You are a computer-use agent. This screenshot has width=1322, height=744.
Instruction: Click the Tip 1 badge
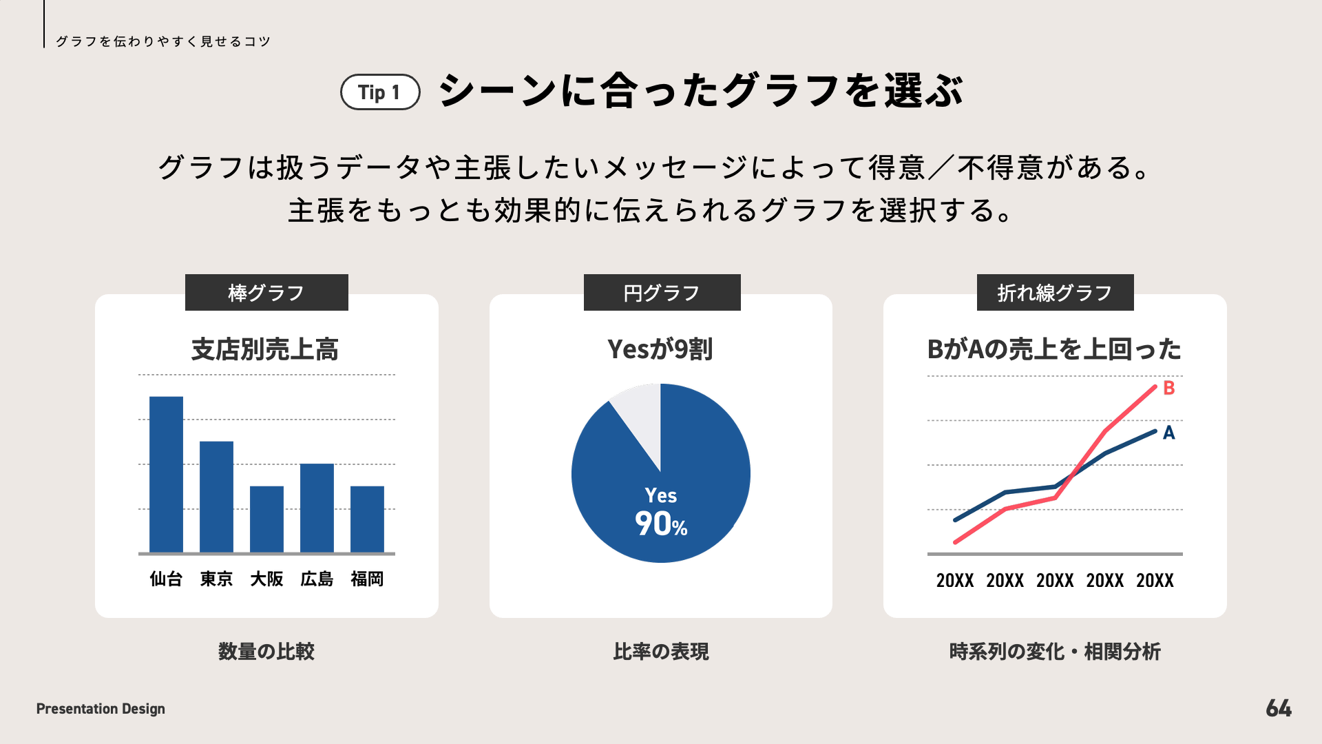pos(380,92)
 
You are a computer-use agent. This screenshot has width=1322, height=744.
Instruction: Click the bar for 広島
pos(317,508)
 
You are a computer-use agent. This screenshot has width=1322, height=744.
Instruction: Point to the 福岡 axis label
pos(367,579)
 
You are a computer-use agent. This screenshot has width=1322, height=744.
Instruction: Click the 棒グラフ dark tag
pos(266,293)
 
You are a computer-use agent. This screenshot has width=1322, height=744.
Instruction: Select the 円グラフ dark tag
pos(662,293)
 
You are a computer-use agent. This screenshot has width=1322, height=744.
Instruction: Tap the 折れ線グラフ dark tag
pos(1055,293)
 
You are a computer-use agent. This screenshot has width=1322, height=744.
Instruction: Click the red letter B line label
pos(1168,388)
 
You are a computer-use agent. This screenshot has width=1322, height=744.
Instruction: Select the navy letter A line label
pos(1168,433)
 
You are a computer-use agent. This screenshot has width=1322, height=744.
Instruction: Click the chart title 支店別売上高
pos(265,349)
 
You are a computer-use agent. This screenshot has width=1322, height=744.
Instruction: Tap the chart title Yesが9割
pos(660,349)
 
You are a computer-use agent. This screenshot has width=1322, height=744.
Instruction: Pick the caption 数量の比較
pos(266,651)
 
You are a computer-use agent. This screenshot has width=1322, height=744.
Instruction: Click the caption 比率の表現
pos(661,651)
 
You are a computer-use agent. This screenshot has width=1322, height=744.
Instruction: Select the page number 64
pos(1279,708)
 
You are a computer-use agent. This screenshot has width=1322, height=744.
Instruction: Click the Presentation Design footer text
pos(101,708)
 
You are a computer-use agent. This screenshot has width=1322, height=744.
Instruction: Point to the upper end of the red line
pos(1155,387)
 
